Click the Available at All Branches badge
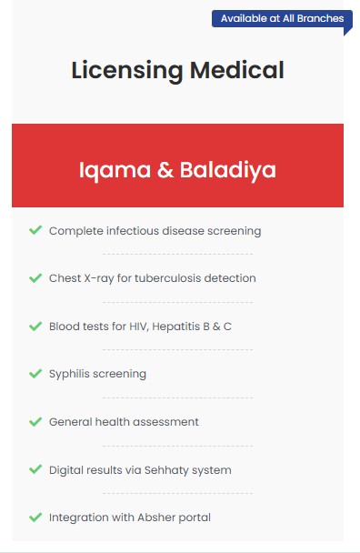pyautogui.click(x=282, y=19)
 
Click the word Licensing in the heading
pyautogui.click(x=127, y=71)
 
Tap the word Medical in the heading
pyautogui.click(x=237, y=70)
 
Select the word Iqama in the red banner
pyautogui.click(x=115, y=171)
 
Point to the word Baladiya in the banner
pyautogui.click(x=228, y=171)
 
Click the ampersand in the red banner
pyautogui.click(x=165, y=170)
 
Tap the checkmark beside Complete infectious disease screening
pyautogui.click(x=35, y=230)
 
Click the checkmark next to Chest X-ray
pyautogui.click(x=35, y=278)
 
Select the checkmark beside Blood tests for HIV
pyautogui.click(x=35, y=326)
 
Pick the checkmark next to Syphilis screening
pyautogui.click(x=35, y=374)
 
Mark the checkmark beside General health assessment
pyautogui.click(x=35, y=421)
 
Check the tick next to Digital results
pyautogui.click(x=35, y=469)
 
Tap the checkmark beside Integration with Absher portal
pyautogui.click(x=35, y=518)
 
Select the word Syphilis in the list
pyautogui.click(x=69, y=374)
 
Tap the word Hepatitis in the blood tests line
pyautogui.click(x=176, y=327)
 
